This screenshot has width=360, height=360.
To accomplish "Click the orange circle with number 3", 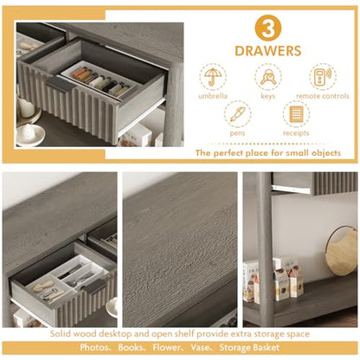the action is click(x=268, y=29).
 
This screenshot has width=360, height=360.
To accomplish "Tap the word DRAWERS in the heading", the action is click(x=268, y=51).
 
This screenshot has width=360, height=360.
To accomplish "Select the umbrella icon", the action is click(x=213, y=77).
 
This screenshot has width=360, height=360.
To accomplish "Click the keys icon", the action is click(x=268, y=77).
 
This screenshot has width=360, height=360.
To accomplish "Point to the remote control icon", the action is click(x=323, y=77).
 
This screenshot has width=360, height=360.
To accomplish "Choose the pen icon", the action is click(x=237, y=114).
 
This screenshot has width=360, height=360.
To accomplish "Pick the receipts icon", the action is click(x=296, y=114).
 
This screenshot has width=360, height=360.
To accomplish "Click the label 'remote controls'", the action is click(x=323, y=96).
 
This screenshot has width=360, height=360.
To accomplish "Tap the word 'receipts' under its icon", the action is click(x=296, y=133).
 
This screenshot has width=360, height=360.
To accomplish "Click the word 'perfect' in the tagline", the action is click(x=228, y=153).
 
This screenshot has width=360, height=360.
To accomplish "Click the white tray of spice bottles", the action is click(x=99, y=79).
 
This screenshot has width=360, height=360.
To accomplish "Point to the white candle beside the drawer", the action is click(x=27, y=107).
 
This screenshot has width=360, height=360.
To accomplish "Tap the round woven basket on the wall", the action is click(x=342, y=250).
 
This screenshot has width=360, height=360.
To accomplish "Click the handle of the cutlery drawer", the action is click(x=93, y=286).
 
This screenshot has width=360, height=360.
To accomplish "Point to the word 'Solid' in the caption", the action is click(x=60, y=334).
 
